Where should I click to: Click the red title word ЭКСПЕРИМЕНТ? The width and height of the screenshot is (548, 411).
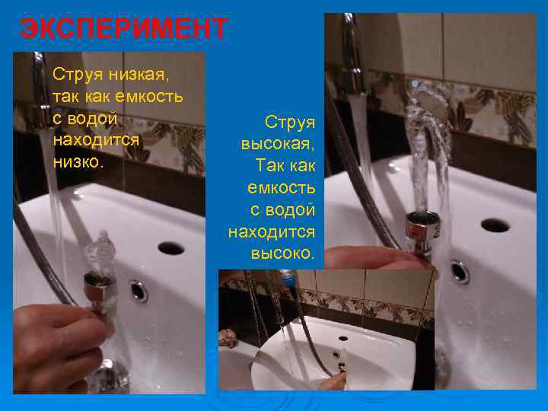point(123,29)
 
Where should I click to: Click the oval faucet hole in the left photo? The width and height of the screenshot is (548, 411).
point(170,247)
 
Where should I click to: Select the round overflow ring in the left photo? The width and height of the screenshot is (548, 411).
point(139,290)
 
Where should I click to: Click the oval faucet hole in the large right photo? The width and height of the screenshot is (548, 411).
point(495,225)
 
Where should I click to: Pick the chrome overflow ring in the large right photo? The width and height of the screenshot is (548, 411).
point(459,271)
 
